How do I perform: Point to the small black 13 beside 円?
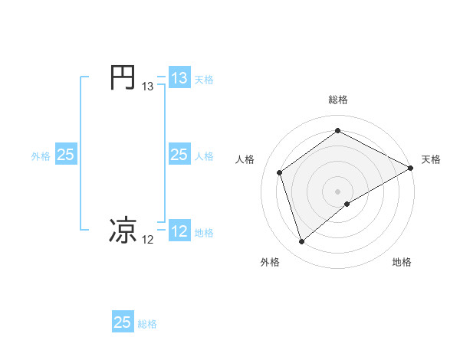tap(148, 87)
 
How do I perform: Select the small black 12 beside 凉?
tap(148, 240)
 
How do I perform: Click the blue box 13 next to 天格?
tap(179, 78)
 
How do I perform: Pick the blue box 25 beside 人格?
tap(179, 155)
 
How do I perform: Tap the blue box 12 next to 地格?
tap(179, 231)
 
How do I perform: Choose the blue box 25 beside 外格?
tap(65, 155)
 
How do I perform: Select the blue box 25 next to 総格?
tap(123, 322)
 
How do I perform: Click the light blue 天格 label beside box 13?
tap(204, 79)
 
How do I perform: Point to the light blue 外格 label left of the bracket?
tap(41, 155)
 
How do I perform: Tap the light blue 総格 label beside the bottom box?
tap(147, 323)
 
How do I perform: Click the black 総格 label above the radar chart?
tap(338, 100)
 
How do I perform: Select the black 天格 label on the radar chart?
tap(431, 159)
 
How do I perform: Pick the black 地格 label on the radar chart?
tap(402, 262)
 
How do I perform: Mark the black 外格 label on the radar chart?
tap(270, 262)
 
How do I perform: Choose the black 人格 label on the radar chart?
tap(245, 159)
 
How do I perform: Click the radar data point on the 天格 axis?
tap(412, 168)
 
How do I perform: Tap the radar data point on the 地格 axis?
tap(347, 204)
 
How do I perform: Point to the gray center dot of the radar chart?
tap(338, 191)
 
